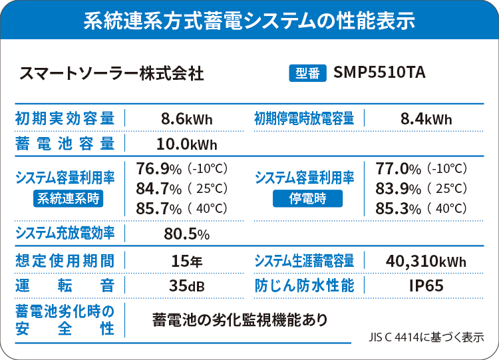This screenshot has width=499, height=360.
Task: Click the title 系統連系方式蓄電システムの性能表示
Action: [x=249, y=21]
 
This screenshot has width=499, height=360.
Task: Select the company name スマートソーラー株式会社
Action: [x=111, y=73]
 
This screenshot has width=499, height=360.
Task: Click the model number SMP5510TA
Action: [x=380, y=72]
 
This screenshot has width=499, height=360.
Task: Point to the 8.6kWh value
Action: [x=187, y=120]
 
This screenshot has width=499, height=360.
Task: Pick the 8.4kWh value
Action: [x=426, y=120]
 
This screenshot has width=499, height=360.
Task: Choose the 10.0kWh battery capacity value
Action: [x=186, y=144]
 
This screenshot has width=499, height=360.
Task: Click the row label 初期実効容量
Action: [x=65, y=120]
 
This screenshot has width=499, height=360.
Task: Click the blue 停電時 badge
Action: [x=307, y=198]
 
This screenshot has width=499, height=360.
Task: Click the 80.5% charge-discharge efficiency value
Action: [x=187, y=234]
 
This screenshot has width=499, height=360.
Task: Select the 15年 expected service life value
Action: [x=187, y=261]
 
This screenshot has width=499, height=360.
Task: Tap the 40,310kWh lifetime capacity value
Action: [x=426, y=261]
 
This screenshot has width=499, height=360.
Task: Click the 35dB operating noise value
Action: [x=187, y=286]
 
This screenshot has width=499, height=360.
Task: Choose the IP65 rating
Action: [x=426, y=286]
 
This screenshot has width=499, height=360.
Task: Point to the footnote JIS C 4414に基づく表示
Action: [x=425, y=337]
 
